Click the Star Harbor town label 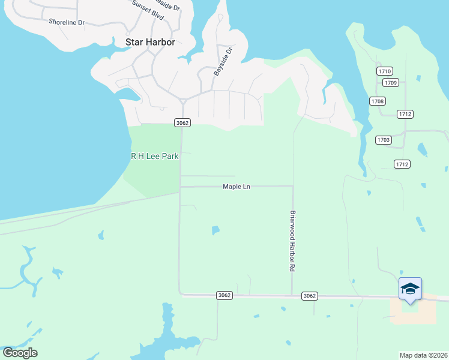(x=150, y=42)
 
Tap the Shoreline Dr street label (x=67, y=22)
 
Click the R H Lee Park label (x=155, y=156)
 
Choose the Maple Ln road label (x=236, y=187)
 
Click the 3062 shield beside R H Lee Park (x=182, y=122)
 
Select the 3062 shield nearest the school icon (x=310, y=296)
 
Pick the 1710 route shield (x=385, y=71)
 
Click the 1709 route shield (x=391, y=82)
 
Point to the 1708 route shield (x=378, y=101)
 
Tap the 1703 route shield (x=383, y=140)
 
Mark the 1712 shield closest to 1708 (x=405, y=114)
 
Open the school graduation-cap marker (x=411, y=289)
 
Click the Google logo (x=20, y=353)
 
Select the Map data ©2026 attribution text (x=424, y=355)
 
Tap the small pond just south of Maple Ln (x=215, y=230)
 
